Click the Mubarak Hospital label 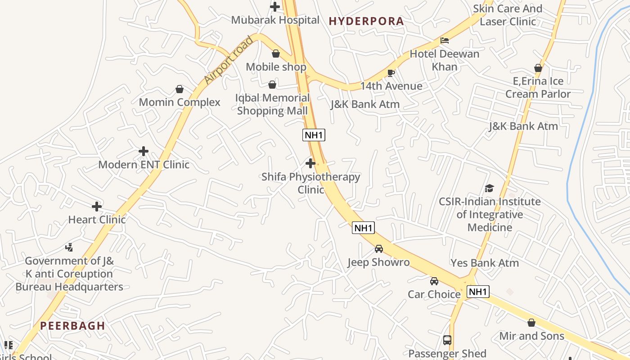[275, 20]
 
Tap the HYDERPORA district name [366, 21]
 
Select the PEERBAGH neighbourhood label [72, 326]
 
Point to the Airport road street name [228, 60]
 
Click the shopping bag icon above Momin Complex [180, 89]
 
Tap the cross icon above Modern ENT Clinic [144, 151]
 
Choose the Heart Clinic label [97, 220]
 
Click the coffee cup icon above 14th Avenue [391, 73]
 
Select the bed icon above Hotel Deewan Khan [445, 40]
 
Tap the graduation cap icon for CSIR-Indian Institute [489, 188]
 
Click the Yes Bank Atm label [485, 263]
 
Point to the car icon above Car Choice [434, 281]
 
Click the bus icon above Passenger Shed [447, 340]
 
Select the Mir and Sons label [531, 336]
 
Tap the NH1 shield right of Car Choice [477, 292]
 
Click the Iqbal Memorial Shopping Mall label [273, 104]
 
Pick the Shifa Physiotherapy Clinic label [310, 183]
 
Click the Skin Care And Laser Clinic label [508, 15]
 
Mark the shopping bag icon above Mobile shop [276, 54]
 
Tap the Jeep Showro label [378, 262]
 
